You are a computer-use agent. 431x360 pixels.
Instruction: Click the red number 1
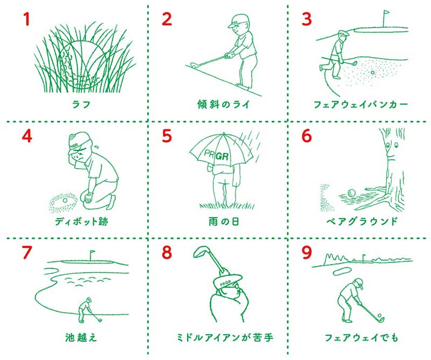coord(26,19)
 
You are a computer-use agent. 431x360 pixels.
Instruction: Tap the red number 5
coord(167,136)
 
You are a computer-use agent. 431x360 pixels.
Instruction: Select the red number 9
coord(307,252)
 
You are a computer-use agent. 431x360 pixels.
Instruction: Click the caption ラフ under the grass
coord(81,105)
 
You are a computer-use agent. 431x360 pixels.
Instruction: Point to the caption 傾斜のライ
coord(223,105)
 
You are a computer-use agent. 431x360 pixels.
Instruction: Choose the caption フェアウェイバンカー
coord(360,105)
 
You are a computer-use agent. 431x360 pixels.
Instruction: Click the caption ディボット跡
coord(81,221)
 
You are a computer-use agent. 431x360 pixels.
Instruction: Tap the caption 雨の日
coord(224,221)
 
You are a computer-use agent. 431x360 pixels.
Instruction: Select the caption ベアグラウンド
coord(362,221)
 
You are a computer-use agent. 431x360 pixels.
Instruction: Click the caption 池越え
coord(81,337)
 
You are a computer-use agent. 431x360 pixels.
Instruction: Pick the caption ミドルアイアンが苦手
coord(225,337)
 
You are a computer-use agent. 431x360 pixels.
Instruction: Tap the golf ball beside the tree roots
coord(352,193)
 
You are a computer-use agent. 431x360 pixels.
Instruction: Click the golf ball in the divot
coord(65,200)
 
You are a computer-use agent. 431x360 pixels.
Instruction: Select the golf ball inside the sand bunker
coord(373,73)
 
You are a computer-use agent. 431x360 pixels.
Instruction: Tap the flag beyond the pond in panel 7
coord(92,255)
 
